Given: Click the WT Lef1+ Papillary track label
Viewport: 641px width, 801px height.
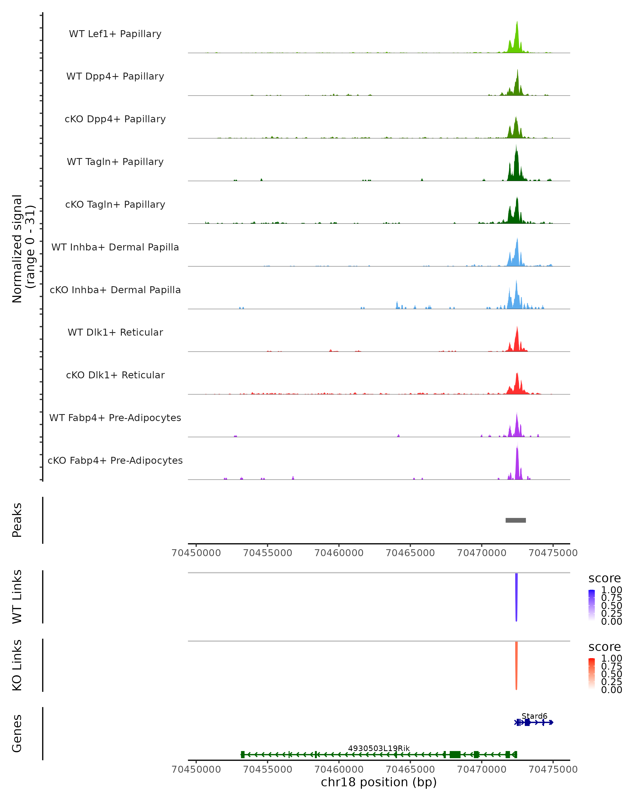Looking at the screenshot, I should (115, 34).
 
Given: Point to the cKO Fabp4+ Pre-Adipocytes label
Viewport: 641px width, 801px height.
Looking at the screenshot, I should (115, 460).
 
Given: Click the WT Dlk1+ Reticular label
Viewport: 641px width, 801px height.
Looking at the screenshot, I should (115, 332).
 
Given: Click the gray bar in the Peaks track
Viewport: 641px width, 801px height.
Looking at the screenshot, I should (515, 520).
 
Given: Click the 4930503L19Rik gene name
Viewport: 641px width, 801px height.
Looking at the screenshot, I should (379, 748).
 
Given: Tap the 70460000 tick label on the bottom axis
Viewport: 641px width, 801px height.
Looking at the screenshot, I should (339, 769).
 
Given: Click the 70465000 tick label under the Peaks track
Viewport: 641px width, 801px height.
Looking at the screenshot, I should (410, 553).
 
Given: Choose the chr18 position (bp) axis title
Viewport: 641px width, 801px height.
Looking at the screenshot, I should (379, 782).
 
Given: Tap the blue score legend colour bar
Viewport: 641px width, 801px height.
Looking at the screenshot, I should (592, 605).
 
